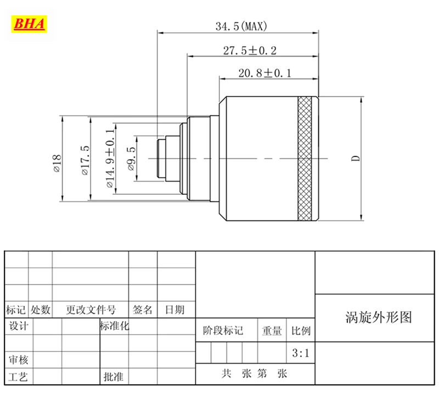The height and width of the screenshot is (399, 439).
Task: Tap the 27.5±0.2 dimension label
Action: click(250, 50)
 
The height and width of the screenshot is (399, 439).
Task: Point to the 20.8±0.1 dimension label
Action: click(265, 72)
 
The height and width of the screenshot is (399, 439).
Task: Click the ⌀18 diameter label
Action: click(57, 160)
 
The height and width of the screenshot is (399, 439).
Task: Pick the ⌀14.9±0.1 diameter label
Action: click(110, 158)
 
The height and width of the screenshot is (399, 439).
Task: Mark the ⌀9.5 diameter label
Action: click(131, 160)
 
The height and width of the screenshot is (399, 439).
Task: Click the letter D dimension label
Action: click(356, 159)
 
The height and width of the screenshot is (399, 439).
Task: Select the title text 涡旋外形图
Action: click(379, 317)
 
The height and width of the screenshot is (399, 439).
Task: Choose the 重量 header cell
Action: click(272, 330)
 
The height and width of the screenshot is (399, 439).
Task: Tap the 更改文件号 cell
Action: click(91, 310)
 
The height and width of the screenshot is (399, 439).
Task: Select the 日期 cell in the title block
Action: click(175, 310)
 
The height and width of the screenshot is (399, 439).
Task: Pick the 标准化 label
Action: click(115, 326)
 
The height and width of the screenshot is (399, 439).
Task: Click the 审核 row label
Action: click(18, 360)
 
